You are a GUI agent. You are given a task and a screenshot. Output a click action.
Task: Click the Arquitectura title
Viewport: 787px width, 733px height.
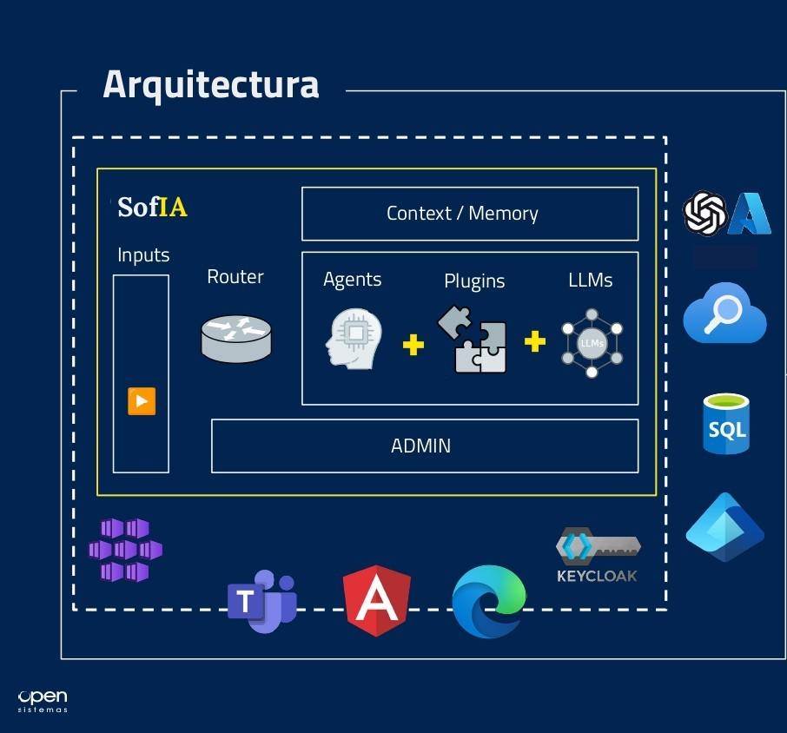coord(211,85)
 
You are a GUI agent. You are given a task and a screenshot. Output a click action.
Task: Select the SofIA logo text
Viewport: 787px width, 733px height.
coord(153,208)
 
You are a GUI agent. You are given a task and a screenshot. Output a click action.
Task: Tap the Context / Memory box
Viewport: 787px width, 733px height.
coord(469,214)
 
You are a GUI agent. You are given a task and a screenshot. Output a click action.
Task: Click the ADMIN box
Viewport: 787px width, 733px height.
coord(424,446)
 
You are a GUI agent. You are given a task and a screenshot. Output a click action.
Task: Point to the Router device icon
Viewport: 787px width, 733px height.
coord(235,338)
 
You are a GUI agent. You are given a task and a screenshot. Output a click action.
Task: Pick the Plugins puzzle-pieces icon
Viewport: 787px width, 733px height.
coord(473,341)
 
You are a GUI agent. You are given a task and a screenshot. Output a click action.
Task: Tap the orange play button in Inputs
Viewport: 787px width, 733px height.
coord(142,401)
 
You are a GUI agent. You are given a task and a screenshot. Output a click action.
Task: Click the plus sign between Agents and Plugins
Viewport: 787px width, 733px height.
coord(413,345)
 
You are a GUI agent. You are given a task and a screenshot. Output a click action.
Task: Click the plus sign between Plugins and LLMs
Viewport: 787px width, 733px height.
coord(535,341)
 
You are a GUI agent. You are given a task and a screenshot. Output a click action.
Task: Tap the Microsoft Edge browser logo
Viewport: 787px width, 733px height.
coord(489,601)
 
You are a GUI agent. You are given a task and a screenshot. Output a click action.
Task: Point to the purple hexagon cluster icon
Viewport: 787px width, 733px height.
coord(126,549)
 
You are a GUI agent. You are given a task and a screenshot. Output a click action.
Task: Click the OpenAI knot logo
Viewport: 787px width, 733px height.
coord(704,214)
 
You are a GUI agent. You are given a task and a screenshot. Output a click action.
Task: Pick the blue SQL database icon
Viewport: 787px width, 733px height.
coord(725,425)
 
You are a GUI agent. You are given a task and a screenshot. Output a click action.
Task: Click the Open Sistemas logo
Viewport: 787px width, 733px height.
coord(43,701)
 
